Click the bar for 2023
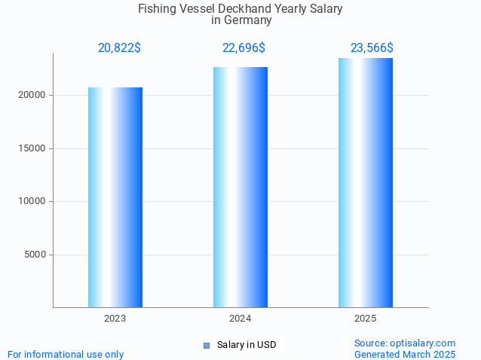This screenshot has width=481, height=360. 115,197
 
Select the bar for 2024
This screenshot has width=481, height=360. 240,188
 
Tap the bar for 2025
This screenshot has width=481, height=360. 366,183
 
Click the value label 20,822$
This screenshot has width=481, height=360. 119,48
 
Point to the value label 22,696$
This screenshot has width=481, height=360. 244,48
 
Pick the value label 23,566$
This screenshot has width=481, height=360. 372,48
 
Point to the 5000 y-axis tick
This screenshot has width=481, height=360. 35,255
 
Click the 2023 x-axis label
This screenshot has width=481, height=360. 115,319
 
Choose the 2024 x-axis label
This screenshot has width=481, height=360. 240,319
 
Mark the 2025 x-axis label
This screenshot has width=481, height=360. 366,319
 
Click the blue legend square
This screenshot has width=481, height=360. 206,346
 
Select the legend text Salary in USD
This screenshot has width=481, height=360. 246,345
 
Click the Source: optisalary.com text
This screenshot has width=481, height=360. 405,343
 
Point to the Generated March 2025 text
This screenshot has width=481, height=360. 405,354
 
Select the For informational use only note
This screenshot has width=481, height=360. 66,354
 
